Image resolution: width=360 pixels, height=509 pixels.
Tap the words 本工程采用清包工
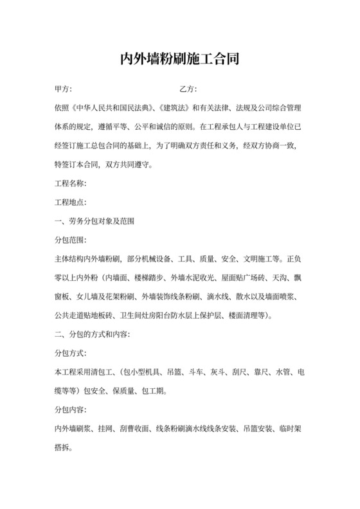[81, 372]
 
